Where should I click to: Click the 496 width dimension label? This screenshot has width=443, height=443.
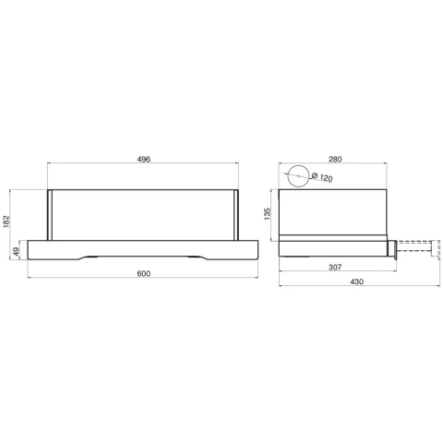[144, 159]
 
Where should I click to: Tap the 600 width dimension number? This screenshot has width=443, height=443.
[144, 273]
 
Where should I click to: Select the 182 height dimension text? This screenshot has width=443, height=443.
[6, 221]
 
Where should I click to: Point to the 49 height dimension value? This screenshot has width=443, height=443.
[16, 251]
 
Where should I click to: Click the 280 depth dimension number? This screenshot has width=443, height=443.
[335, 159]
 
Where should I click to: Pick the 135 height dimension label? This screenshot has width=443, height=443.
[267, 214]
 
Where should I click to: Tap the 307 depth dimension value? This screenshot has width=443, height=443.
[335, 268]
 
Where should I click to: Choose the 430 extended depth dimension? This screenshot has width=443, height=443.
[357, 281]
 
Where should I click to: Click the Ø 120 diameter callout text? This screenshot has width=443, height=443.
[322, 177]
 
